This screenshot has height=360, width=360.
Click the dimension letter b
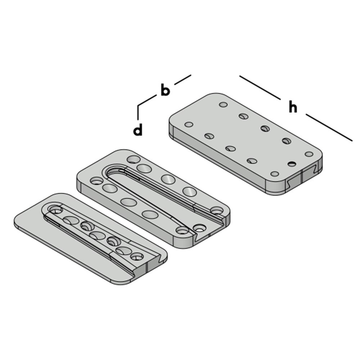click(165, 90)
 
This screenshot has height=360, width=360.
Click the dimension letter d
click(138, 130)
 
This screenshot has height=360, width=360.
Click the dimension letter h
click(293, 107)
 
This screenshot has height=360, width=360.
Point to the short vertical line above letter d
click(138, 112)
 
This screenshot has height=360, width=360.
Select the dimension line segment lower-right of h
click(328, 127)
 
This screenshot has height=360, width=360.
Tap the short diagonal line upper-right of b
click(183, 80)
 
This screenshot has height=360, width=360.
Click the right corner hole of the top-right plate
click(309, 154)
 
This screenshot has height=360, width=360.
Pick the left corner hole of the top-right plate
click(188, 125)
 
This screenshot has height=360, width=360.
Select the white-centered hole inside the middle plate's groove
click(199, 228)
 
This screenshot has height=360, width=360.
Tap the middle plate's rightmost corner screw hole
click(217, 210)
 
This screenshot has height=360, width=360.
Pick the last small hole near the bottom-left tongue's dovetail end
click(137, 257)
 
